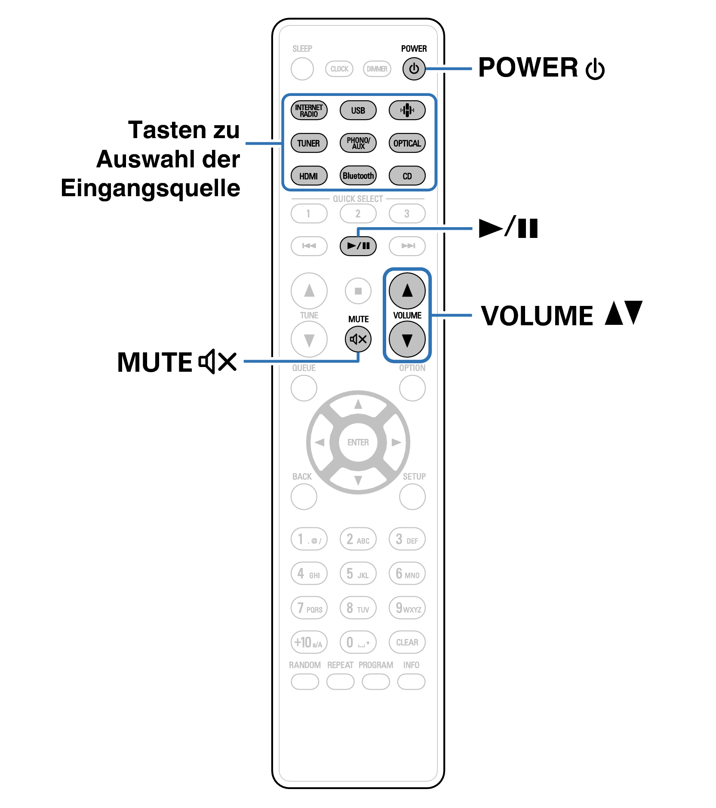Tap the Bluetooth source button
tap(358, 176)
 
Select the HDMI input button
tap(309, 176)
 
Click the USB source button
tap(358, 110)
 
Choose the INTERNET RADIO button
tap(309, 110)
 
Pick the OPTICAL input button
tap(407, 143)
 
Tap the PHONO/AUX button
tap(358, 143)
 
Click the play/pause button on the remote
tap(358, 246)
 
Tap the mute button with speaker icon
tap(358, 339)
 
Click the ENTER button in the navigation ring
tap(358, 442)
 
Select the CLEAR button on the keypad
tap(407, 642)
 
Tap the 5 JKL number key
tap(358, 574)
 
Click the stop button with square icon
tap(358, 291)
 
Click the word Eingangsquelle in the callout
tap(150, 188)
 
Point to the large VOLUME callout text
tap(537, 316)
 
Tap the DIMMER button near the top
tap(377, 69)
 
